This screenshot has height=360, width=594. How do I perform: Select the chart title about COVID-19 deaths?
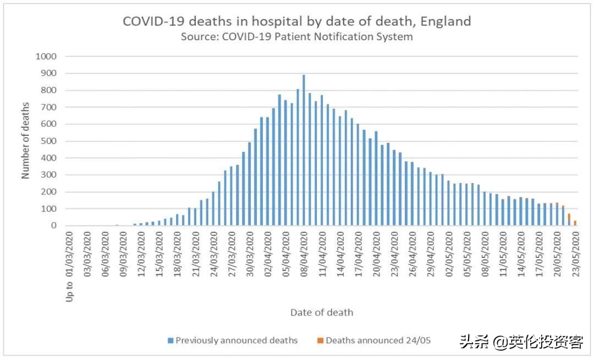click(296, 21)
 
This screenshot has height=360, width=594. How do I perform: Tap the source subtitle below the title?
click(296, 37)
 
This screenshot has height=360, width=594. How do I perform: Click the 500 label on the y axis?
click(48, 141)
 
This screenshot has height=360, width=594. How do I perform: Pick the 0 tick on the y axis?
click(54, 226)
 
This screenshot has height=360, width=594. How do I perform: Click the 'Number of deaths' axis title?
click(25, 141)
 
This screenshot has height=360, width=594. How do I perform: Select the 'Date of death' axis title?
click(322, 313)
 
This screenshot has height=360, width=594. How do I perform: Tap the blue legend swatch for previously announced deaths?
click(170, 341)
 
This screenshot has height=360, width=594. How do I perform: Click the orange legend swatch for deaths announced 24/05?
click(321, 341)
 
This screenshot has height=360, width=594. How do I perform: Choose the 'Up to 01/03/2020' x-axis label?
click(69, 266)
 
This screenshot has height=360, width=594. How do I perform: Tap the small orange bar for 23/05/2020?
click(575, 223)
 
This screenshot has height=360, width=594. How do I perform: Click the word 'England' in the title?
click(447, 21)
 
